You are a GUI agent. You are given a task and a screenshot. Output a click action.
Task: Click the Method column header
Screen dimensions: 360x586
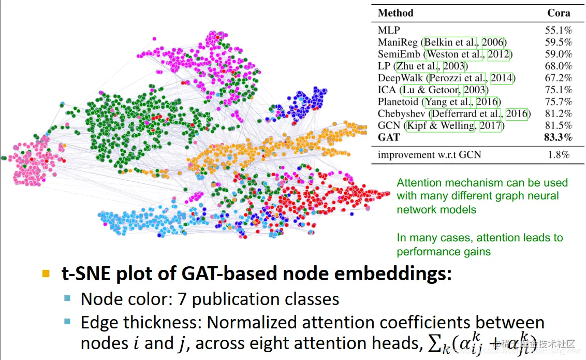(395, 13)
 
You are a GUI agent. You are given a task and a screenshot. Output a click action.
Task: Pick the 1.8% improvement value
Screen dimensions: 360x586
(559, 154)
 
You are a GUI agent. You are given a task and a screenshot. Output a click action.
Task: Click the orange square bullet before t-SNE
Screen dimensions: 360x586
(47, 273)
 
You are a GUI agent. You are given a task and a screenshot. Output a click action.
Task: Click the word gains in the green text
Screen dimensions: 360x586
(476, 252)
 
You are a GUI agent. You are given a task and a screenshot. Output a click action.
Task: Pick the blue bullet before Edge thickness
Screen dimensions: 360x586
(67, 322)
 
